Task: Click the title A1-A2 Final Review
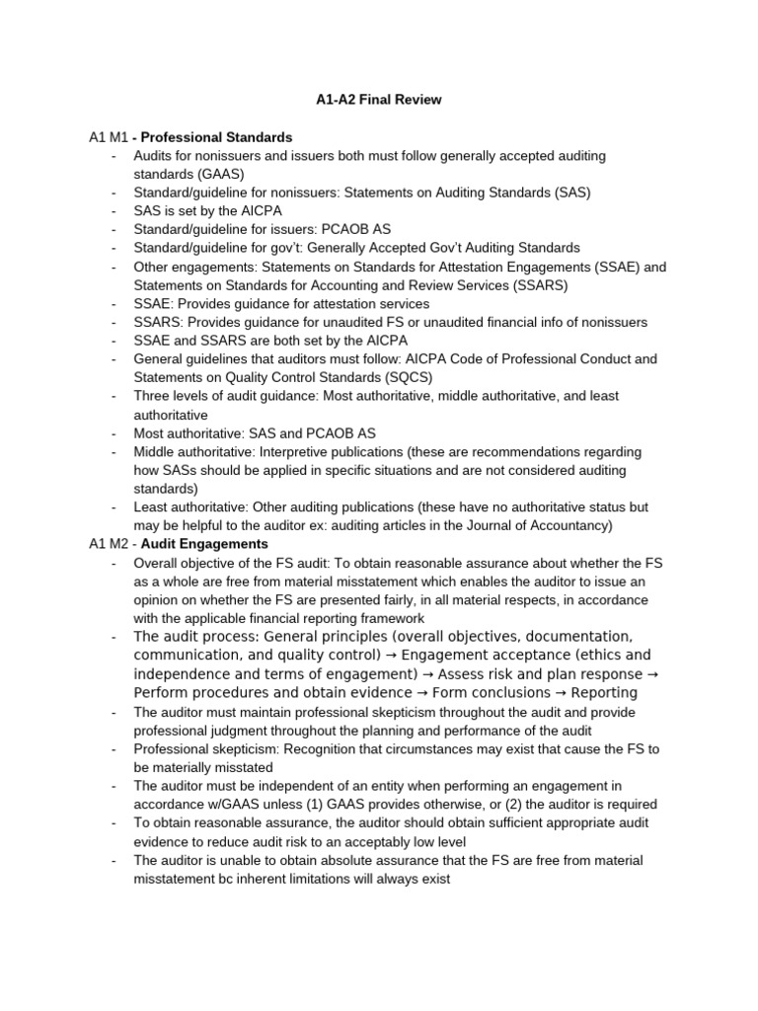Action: click(x=378, y=99)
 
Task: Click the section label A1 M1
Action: click(x=108, y=136)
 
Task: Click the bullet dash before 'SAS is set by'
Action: click(x=115, y=211)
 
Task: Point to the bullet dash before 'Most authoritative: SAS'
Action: click(x=115, y=432)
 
